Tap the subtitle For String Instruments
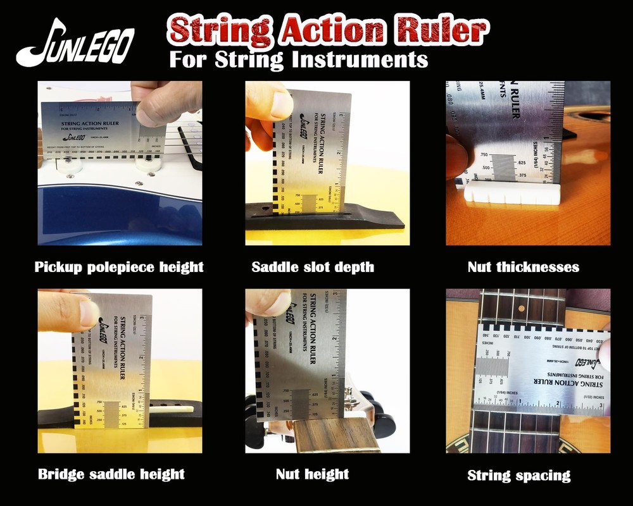(298, 60)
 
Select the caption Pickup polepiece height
(119, 267)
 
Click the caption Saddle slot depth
(313, 267)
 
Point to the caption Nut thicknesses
(523, 267)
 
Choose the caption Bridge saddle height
(111, 474)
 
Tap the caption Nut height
(312, 474)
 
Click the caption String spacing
(519, 475)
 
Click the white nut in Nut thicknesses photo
(513, 192)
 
